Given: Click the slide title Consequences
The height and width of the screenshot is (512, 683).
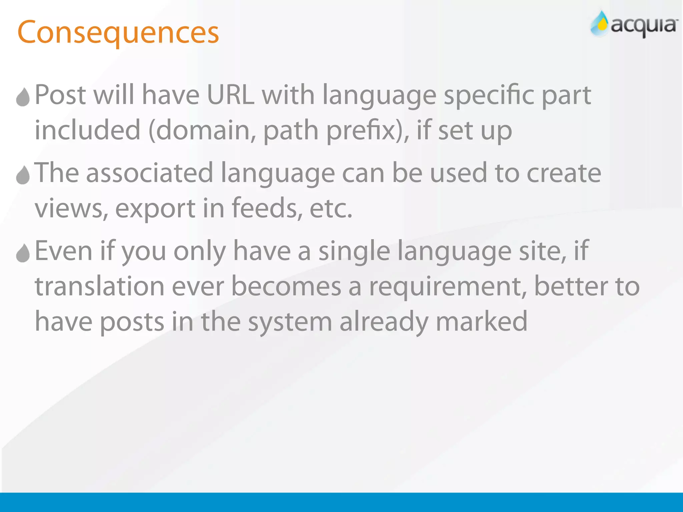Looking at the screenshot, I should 118,33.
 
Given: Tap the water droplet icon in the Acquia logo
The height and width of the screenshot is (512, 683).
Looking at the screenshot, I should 601,24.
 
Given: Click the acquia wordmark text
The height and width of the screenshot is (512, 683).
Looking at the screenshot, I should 644,26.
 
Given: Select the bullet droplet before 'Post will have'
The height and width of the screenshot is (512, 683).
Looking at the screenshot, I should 23,97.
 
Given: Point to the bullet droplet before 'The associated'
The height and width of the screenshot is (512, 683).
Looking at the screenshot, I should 23,175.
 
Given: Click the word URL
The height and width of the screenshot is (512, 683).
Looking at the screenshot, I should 230,95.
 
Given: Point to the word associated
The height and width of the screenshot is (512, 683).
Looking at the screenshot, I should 150,173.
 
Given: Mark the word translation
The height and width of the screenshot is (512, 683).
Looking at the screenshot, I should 100,286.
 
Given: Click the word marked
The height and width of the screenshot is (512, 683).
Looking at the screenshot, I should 482,321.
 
